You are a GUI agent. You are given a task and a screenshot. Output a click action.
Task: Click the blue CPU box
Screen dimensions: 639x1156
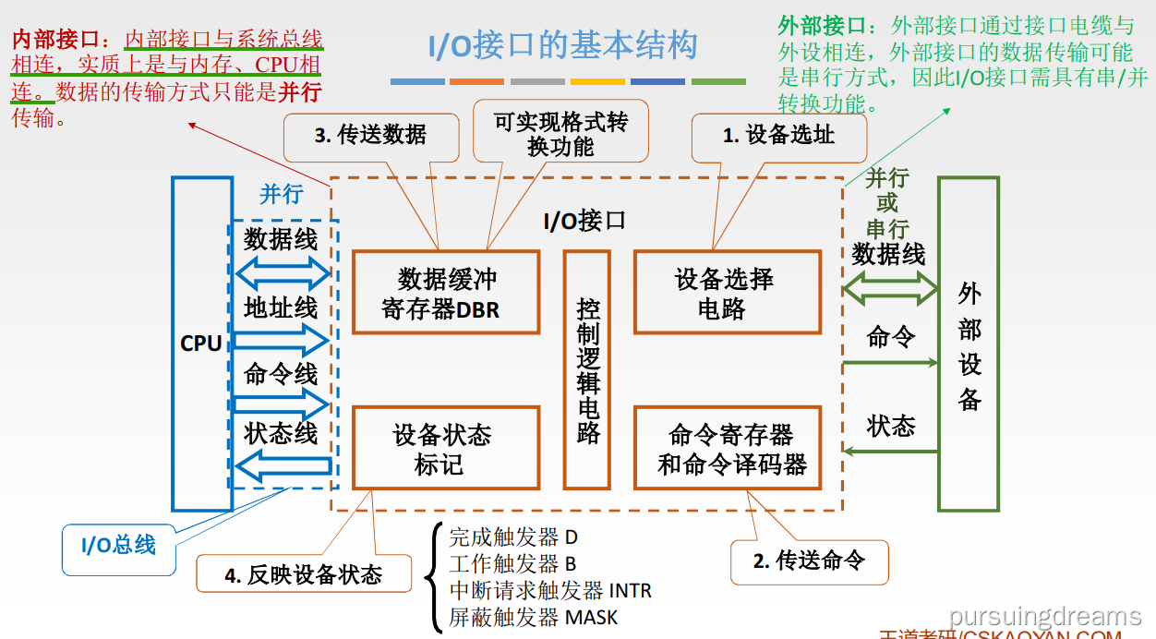(x=201, y=344)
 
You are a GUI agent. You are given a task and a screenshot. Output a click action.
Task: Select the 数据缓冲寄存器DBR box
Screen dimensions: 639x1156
(x=446, y=292)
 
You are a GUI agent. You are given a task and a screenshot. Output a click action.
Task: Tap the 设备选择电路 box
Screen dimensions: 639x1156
(x=726, y=292)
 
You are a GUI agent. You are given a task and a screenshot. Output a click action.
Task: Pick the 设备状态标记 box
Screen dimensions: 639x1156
(x=446, y=448)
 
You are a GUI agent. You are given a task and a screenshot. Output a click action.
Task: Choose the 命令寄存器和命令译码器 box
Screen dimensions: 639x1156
(x=731, y=448)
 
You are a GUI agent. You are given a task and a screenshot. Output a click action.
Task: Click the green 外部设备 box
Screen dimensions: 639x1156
(x=969, y=344)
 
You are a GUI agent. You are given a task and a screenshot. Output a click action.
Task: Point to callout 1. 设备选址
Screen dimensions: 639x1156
(x=778, y=137)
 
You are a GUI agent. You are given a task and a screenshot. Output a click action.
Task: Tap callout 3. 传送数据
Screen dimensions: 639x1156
(x=370, y=137)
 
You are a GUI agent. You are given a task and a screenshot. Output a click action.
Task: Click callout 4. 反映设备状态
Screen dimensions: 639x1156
(x=304, y=574)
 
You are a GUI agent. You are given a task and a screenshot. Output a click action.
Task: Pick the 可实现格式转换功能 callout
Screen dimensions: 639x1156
(x=560, y=133)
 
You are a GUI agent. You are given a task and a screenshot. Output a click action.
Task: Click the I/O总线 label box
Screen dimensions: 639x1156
(x=119, y=546)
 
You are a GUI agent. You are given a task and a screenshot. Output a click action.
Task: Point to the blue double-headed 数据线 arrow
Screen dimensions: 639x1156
(x=283, y=272)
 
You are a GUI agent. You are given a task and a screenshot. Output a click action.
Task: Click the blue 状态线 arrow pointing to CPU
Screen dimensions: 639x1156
(x=283, y=464)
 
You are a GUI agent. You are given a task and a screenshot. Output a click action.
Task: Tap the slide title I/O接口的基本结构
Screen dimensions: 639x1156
(x=562, y=46)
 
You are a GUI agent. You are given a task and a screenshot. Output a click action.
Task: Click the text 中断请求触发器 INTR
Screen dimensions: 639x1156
(x=549, y=589)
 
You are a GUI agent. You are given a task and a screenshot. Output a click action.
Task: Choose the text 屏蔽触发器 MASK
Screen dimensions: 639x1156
(x=533, y=616)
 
